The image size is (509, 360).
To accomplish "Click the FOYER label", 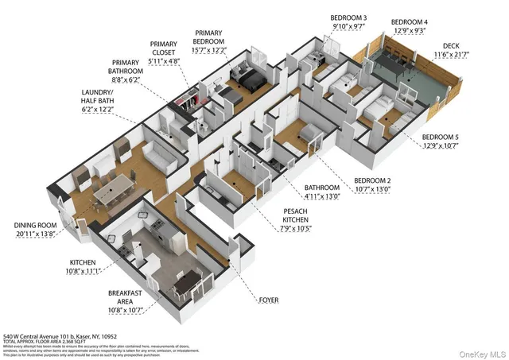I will coord(269,300).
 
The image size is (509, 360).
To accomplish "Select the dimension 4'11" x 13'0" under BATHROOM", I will coord(322,195).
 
